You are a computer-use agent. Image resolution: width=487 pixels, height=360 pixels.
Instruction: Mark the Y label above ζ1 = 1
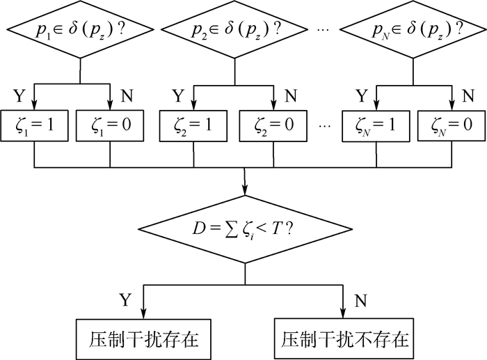[x=19, y=96]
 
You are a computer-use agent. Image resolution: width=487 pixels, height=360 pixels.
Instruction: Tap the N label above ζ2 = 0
[x=291, y=96]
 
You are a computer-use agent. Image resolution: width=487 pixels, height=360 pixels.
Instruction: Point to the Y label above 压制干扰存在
[x=125, y=300]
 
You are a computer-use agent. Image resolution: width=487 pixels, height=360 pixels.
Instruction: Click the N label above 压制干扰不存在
[x=360, y=300]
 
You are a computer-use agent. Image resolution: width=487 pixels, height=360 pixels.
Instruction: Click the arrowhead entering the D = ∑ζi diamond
[x=245, y=190]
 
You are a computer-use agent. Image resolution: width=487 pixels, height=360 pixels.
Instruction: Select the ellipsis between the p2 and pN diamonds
[x=324, y=29]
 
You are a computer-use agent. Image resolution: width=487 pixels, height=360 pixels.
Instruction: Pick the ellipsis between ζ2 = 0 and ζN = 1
[x=325, y=126]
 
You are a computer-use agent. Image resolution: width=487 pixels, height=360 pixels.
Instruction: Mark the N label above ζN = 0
[x=469, y=96]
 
